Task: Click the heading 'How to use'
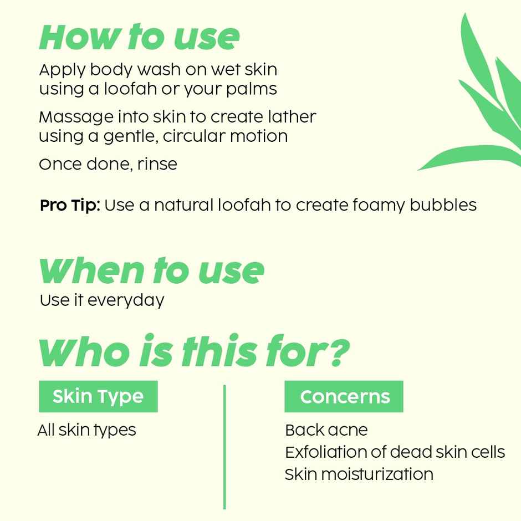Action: point(139,38)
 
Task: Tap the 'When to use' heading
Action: point(151,270)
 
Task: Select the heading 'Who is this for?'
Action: point(194,353)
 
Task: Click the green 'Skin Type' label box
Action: point(98,396)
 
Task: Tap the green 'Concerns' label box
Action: point(344,396)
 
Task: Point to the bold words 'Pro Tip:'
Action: point(69,205)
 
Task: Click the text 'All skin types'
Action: point(86,430)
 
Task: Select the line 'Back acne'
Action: point(326,430)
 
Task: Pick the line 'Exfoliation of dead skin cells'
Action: point(395,452)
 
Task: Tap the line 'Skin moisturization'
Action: point(359,474)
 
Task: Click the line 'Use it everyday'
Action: point(102,300)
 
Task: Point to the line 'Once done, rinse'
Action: point(108,164)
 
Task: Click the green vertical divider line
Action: point(224,446)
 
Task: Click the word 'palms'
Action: point(253,89)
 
